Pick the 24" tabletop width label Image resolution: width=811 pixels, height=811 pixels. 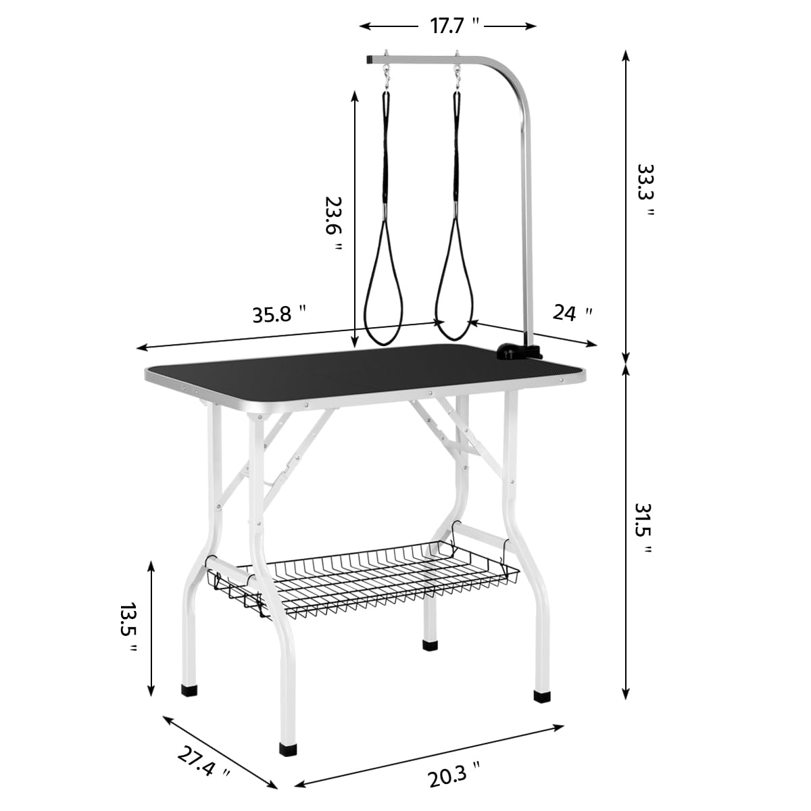(x=572, y=313)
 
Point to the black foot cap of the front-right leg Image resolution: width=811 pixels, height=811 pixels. (x=541, y=695)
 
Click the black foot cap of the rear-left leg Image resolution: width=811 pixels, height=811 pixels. (x=189, y=691)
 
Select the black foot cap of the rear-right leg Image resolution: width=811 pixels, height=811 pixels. (x=430, y=645)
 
